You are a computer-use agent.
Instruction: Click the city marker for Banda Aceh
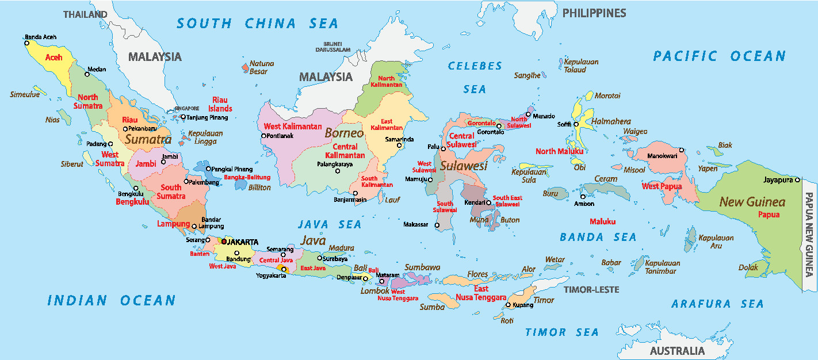26,43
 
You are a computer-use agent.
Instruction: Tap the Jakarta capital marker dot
224,242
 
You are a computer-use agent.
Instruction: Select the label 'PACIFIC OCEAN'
718,56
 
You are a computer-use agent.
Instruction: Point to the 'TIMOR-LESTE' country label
591,289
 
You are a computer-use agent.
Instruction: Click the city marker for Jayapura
797,180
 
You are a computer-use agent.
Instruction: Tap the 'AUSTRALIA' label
676,351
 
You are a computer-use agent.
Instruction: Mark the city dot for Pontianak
263,136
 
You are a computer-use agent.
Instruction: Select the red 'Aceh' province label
53,58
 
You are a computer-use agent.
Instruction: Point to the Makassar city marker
437,225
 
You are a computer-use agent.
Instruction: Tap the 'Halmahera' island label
611,121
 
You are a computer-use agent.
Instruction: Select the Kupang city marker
508,305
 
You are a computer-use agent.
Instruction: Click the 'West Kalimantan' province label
292,126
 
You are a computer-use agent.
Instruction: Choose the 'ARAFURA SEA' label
717,304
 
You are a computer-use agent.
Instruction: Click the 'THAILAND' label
85,14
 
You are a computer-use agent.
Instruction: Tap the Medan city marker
87,74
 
